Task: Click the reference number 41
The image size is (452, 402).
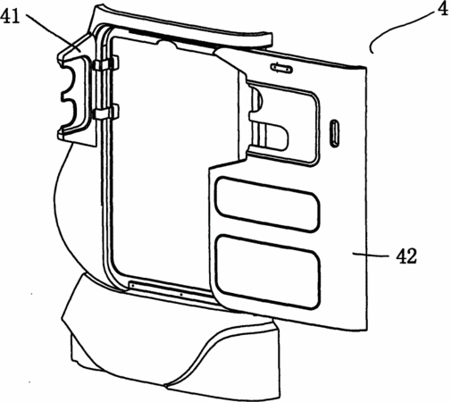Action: pos(10,16)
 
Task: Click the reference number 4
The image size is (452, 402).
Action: pos(443,9)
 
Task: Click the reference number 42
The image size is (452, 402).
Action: pos(406,256)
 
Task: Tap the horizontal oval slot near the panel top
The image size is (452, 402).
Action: pos(281,68)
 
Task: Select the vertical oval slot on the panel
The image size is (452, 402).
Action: pos(334,133)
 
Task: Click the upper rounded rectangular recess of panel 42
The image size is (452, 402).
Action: pos(267,204)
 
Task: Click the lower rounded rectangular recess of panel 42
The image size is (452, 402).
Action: pos(268,272)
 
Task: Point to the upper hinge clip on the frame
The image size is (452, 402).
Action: pos(106,63)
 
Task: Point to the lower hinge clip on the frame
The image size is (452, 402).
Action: pos(106,113)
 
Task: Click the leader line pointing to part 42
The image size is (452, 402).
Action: pos(370,255)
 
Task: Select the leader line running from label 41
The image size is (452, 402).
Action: pos(54,33)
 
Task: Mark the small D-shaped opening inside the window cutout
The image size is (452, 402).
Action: pos(276,137)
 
